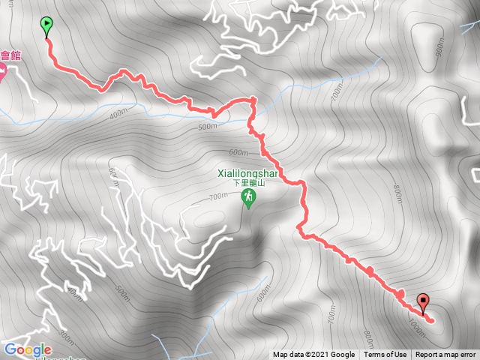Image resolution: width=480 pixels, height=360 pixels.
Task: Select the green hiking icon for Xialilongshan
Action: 247,198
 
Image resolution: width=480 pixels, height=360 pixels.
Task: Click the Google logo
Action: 28,349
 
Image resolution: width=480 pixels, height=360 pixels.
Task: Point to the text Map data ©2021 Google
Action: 313,355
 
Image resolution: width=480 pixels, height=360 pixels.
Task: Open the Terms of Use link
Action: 385,355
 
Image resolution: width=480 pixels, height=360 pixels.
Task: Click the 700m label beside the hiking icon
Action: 218,196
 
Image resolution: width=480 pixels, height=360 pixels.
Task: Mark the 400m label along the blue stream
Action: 118,114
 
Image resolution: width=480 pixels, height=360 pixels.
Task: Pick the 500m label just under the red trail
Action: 207,126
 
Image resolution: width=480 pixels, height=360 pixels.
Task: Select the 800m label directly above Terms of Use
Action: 367,334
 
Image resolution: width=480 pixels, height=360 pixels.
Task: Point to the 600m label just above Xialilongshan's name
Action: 238,152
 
